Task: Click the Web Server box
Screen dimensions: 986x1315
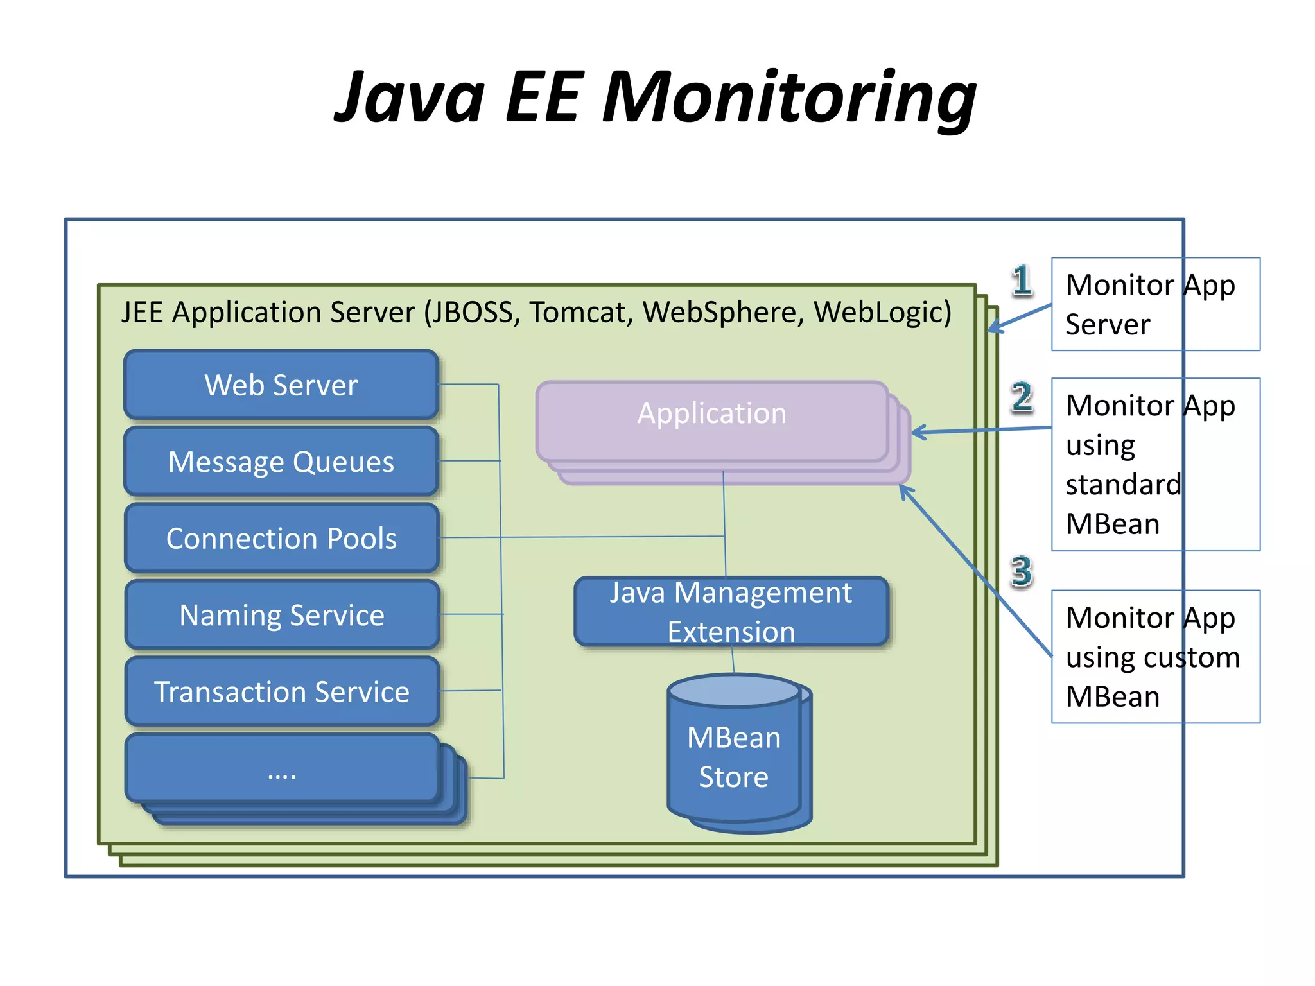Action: tap(281, 385)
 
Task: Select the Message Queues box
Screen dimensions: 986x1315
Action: tap(281, 462)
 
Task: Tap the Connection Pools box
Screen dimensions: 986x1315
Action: tap(281, 538)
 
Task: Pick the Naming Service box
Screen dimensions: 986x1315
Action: tap(281, 615)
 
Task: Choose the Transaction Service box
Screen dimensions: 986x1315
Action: tap(281, 691)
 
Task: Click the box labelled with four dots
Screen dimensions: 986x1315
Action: tap(281, 770)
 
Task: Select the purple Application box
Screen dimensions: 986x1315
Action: tap(711, 420)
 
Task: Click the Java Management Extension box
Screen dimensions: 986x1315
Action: tap(731, 612)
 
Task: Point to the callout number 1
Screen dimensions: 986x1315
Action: tap(1022, 281)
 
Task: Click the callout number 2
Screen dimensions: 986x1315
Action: tap(1022, 397)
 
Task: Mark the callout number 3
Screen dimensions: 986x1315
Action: tap(1022, 571)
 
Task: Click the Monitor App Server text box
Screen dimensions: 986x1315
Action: tap(1155, 304)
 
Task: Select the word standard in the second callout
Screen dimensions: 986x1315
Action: tap(1123, 485)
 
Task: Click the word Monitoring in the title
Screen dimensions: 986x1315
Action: tap(789, 98)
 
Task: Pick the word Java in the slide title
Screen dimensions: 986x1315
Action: tap(410, 98)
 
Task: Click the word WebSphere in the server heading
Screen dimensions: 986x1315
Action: tap(723, 313)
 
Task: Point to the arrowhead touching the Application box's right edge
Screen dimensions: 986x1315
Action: tap(917, 432)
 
